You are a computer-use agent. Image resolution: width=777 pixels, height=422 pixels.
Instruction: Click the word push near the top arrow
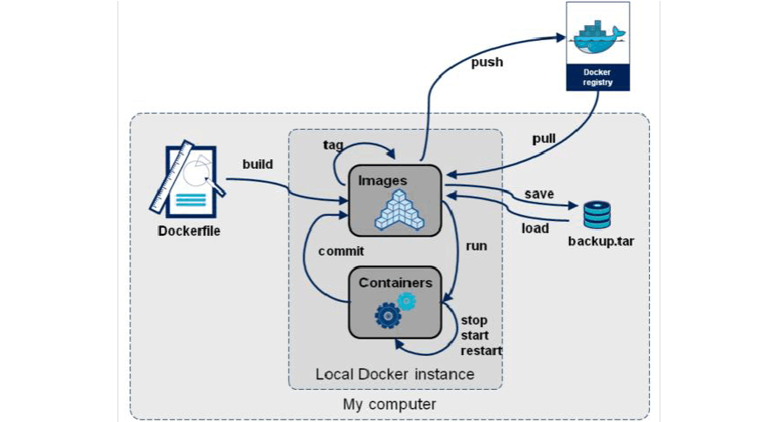487,62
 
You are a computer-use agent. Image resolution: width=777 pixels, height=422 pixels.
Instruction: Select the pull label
544,138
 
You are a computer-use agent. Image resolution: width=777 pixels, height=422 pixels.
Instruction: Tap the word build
258,164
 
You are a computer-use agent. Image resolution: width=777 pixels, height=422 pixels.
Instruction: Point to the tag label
332,144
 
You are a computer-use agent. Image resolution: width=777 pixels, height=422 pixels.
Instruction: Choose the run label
476,245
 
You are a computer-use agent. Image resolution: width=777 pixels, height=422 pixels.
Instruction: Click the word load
535,228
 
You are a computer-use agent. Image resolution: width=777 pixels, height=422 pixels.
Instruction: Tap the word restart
482,352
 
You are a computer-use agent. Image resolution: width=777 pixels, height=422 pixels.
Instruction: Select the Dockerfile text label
187,231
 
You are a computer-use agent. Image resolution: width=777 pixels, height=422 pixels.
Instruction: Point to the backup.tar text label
600,239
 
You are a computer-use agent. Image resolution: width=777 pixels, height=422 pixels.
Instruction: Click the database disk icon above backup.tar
597,214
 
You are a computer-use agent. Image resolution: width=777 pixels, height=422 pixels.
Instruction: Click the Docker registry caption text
597,77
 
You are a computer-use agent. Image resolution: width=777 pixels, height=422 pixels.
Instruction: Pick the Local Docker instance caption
395,374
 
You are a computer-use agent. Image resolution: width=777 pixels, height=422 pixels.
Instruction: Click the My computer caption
389,404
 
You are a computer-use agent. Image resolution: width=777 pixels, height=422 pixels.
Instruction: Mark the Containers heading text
395,283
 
